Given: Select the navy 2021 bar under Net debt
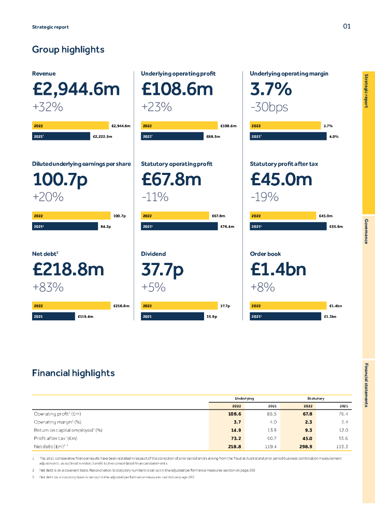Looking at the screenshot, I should (x=53, y=316).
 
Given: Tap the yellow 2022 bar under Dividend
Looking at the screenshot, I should (x=179, y=306).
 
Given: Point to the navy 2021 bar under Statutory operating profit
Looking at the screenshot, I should (x=179, y=226).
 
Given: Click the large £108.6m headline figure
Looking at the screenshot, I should (x=177, y=90).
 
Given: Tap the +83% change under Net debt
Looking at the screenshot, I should (x=48, y=287).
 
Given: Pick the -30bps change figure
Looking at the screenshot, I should (x=269, y=107).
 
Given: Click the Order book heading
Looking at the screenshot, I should (x=265, y=254).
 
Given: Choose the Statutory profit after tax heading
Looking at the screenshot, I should (x=284, y=164).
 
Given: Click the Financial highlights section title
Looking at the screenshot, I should (x=73, y=373).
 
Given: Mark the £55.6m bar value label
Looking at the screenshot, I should (x=336, y=226).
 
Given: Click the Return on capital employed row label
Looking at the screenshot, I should (x=68, y=430).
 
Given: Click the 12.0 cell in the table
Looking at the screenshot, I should (x=343, y=430).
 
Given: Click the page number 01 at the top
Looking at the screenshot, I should (x=347, y=26).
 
